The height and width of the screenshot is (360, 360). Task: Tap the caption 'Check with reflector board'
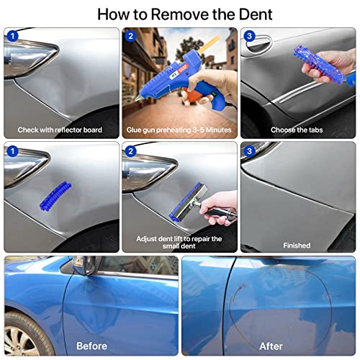tap(61, 130)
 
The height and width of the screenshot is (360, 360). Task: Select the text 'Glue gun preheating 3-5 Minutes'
tap(179, 130)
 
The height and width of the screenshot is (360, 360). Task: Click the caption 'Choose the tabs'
tap(297, 130)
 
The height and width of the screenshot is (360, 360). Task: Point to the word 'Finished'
tap(297, 245)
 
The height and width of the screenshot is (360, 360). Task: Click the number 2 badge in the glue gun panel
tap(130, 35)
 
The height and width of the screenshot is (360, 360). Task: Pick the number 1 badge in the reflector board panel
tap(12, 35)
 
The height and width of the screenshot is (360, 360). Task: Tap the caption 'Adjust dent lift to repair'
tap(179, 238)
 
